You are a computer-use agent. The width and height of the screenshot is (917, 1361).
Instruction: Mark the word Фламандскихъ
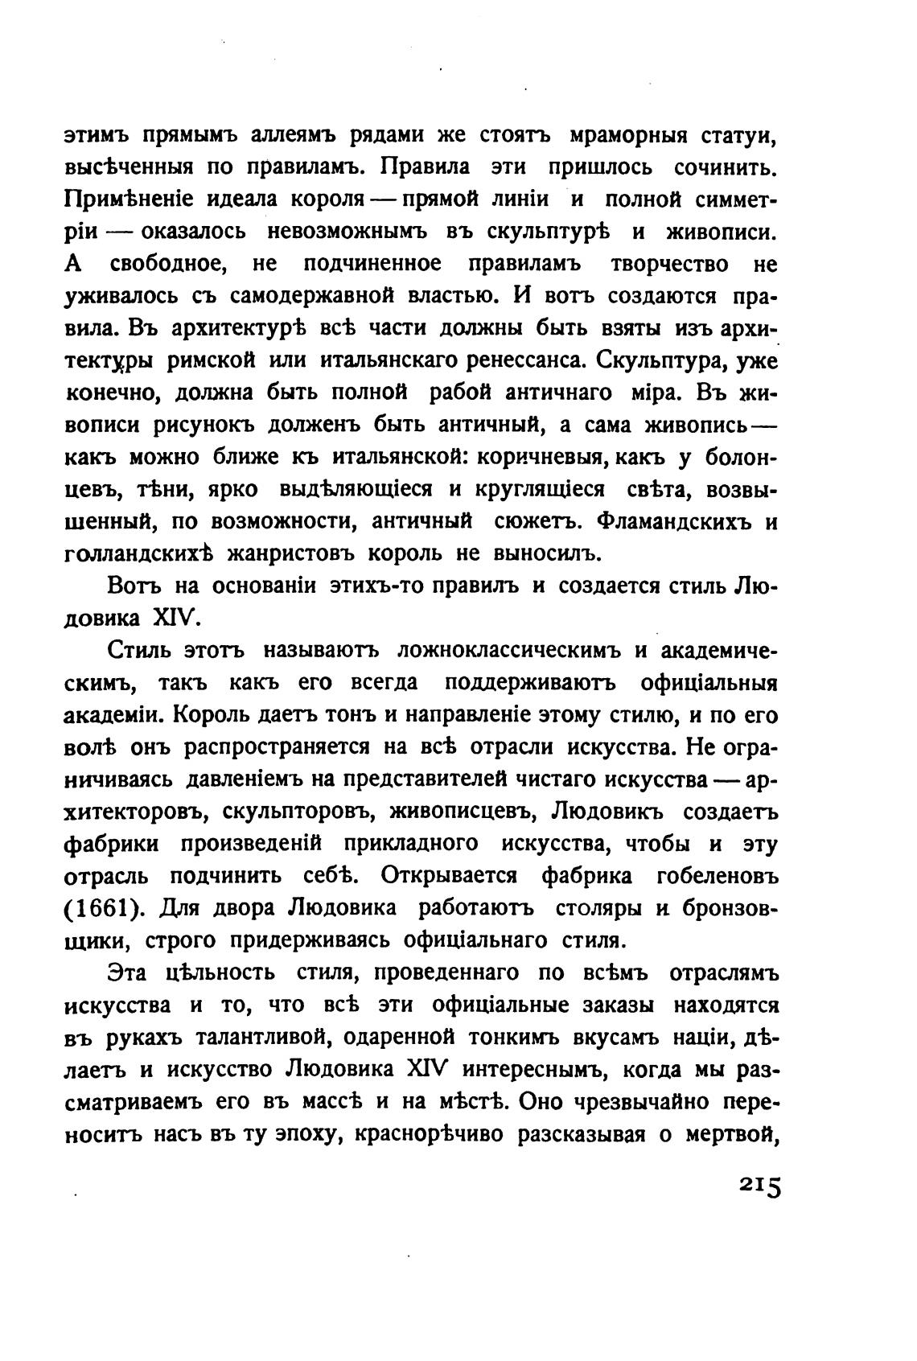[x=674, y=521]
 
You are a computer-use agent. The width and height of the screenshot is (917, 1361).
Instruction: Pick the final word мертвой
[x=730, y=1134]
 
